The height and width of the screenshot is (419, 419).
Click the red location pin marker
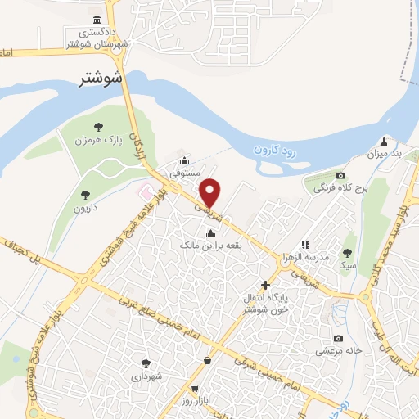coord(211,191)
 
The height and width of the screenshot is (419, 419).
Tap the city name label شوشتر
coord(102,79)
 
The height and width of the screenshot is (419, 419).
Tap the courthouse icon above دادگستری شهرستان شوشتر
coord(97,20)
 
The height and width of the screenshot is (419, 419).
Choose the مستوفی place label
coord(184,173)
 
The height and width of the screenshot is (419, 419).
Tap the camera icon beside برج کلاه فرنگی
coord(340,176)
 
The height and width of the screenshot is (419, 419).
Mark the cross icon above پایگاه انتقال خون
coord(264,284)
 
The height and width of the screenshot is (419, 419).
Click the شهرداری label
coord(148,377)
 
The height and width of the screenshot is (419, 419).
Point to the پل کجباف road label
coord(22,254)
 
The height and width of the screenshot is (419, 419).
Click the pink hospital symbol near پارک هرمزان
coord(145,192)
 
